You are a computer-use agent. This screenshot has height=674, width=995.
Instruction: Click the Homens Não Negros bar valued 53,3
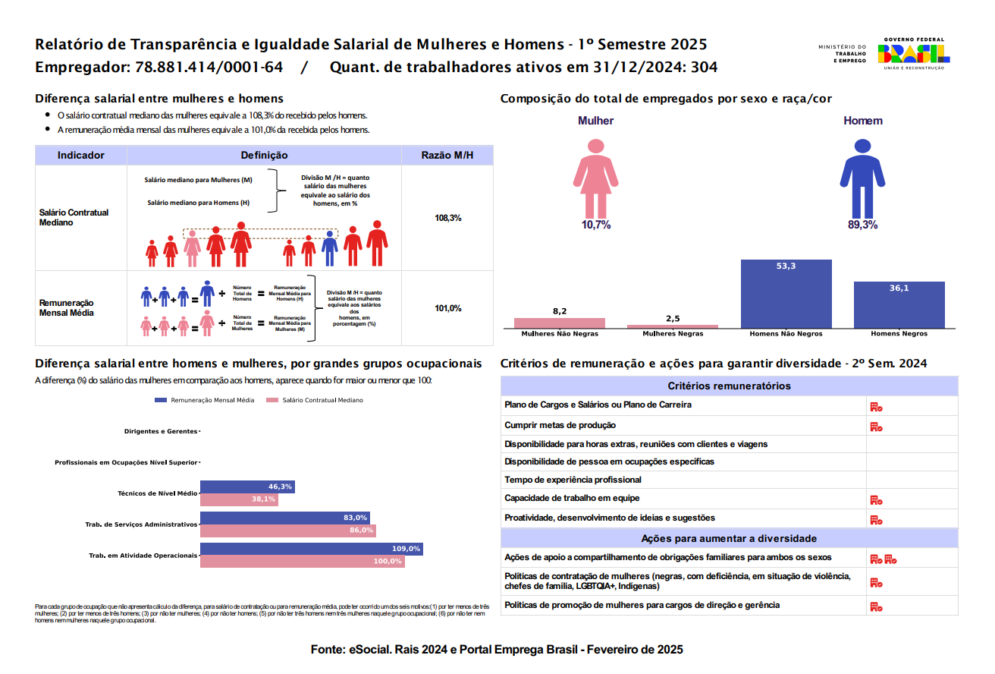(786, 294)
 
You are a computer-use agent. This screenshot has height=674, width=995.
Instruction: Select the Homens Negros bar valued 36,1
(899, 304)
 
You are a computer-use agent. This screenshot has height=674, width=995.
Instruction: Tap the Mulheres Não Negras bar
(560, 323)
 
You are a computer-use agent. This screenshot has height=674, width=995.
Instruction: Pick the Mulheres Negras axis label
(673, 334)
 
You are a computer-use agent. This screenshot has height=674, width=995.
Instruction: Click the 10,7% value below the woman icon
(595, 225)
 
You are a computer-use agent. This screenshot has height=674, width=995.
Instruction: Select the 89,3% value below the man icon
(862, 225)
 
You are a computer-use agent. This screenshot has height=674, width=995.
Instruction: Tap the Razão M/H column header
(447, 156)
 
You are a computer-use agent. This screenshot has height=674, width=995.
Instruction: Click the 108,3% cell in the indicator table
(447, 218)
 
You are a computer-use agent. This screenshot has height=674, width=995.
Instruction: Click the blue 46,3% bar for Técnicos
(247, 487)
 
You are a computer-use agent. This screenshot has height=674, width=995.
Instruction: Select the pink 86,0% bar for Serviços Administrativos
(288, 531)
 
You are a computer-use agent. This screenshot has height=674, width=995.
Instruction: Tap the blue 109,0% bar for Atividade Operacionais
(311, 549)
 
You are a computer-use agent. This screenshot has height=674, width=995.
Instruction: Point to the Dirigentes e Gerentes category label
(160, 431)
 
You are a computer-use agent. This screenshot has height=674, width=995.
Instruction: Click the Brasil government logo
(913, 53)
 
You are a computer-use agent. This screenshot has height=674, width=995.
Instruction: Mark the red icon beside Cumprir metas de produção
(875, 427)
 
